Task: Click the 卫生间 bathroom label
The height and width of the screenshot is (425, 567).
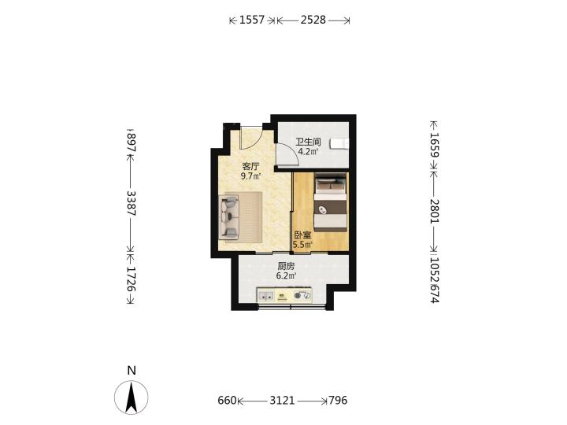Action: click(308, 142)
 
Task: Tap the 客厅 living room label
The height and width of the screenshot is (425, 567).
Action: click(251, 167)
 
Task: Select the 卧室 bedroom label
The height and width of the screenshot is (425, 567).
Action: click(302, 235)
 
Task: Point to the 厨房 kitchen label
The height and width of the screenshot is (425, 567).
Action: click(286, 266)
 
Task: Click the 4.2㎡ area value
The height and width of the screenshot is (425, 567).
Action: click(308, 151)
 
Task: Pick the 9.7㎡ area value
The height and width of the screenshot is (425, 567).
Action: click(251, 176)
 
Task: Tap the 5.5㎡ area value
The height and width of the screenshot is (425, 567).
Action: click(302, 245)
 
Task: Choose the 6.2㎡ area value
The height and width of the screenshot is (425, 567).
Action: click(286, 276)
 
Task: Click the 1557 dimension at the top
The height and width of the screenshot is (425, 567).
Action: click(252, 20)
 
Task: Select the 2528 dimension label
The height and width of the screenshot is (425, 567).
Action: click(313, 20)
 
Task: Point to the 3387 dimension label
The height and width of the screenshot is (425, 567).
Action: click(132, 204)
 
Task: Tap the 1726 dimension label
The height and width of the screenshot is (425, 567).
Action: click(132, 279)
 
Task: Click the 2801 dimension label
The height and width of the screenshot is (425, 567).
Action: click(434, 211)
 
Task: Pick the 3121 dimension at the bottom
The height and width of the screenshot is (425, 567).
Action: click(283, 401)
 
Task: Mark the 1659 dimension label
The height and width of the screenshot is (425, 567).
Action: click(434, 145)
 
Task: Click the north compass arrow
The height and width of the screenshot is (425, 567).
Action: click(132, 397)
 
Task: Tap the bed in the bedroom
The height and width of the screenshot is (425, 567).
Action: click(330, 202)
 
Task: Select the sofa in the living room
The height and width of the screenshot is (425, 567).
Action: click(229, 217)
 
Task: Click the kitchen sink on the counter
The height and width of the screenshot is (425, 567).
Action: click(266, 296)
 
